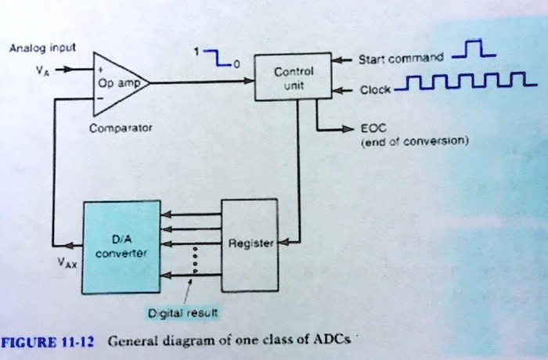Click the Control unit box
pos(294,78)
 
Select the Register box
pos(250,243)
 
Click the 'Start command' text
pos(400,58)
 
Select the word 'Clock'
pos(373,90)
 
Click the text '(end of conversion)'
pos(413,142)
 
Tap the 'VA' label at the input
pos(42,68)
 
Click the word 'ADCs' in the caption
pos(333,340)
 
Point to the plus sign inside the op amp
pos(100,69)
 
